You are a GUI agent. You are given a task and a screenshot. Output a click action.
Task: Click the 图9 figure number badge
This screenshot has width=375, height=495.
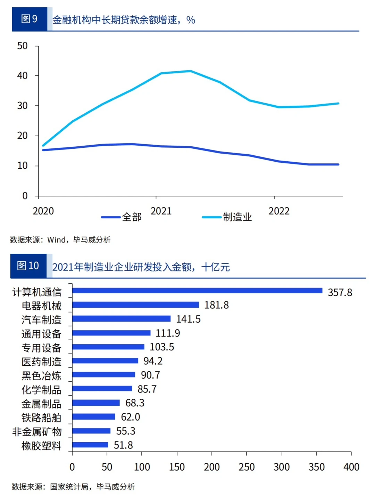(x=29, y=19)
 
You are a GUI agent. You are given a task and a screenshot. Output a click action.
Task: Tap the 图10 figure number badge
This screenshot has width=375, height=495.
(x=28, y=266)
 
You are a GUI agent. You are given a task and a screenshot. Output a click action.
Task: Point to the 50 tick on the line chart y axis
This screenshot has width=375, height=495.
(x=23, y=46)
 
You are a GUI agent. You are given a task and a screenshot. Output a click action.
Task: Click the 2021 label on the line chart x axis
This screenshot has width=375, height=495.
(x=161, y=211)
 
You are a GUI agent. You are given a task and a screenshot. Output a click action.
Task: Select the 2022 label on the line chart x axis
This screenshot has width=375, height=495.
(x=279, y=211)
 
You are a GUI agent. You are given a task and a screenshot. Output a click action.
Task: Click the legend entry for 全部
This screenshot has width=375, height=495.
(x=122, y=217)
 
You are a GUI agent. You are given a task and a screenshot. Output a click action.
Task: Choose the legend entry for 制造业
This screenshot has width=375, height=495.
(x=227, y=217)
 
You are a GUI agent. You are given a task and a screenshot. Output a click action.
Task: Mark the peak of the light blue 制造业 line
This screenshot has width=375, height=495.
(x=190, y=71)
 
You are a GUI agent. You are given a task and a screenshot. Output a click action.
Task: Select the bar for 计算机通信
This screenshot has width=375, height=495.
(x=197, y=291)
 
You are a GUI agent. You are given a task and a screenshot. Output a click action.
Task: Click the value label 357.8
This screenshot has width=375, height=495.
(x=340, y=292)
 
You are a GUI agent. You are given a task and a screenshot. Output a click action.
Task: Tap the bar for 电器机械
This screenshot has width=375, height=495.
(x=136, y=305)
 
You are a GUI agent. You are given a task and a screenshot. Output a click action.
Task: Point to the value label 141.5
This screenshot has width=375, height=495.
(x=188, y=319)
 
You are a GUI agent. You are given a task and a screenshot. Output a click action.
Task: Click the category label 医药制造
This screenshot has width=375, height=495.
(x=41, y=362)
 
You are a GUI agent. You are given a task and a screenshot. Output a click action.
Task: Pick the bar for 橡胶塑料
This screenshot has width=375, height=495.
(x=90, y=445)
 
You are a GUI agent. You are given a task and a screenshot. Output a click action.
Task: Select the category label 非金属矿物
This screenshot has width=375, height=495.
(x=37, y=431)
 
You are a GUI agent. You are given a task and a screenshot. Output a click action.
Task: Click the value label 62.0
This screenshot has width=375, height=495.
(x=130, y=417)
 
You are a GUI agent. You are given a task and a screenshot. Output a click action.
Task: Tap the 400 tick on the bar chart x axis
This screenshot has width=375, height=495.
(x=351, y=467)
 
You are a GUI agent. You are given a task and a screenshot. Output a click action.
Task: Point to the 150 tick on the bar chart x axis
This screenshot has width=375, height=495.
(x=177, y=467)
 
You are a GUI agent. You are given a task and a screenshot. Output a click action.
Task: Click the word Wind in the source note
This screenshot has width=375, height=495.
(x=56, y=240)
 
